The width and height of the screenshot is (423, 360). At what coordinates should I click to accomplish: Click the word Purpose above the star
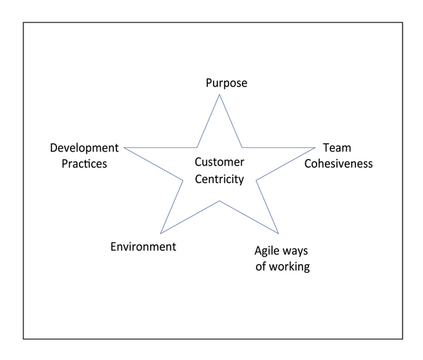point(226,83)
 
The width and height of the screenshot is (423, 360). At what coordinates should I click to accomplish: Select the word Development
point(84,148)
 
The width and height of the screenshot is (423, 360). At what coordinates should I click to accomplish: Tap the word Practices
point(84,163)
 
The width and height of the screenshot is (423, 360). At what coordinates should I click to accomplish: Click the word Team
point(337,148)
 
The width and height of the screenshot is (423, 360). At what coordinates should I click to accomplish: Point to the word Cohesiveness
point(338,163)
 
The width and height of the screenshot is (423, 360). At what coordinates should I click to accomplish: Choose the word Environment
point(143,247)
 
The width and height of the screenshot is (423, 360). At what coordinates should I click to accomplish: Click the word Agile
point(266,251)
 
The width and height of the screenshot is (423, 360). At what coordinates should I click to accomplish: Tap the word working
point(290,267)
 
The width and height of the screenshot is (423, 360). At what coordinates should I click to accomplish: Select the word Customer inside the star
point(219,162)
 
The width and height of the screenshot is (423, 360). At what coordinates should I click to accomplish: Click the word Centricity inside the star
point(219,180)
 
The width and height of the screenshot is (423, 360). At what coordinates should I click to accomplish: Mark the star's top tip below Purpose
point(219,94)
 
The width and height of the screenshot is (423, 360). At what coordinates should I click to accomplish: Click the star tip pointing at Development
point(124,147)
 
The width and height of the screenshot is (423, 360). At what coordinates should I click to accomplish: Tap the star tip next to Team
point(315,147)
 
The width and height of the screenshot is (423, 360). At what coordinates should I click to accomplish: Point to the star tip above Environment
point(161,233)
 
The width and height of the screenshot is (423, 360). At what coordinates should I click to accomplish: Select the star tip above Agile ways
point(278,233)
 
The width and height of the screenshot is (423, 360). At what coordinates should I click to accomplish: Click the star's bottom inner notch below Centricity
point(219,201)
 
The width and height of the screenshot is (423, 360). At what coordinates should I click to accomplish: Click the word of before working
point(261,266)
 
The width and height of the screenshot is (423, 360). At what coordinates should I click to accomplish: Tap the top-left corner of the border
point(23,23)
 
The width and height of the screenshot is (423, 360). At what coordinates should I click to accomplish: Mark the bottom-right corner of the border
point(403,339)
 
